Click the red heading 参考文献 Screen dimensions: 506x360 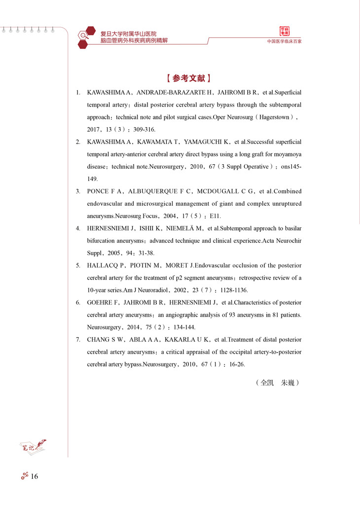click(189, 78)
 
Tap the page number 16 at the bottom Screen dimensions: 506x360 click(34, 476)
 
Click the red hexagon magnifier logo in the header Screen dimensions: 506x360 click(85, 37)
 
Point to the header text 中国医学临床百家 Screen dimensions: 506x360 click(284, 42)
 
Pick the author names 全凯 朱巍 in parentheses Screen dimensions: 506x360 click(278, 382)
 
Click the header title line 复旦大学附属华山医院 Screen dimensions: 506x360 click(128, 34)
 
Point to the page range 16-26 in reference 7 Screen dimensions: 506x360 click(236, 364)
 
